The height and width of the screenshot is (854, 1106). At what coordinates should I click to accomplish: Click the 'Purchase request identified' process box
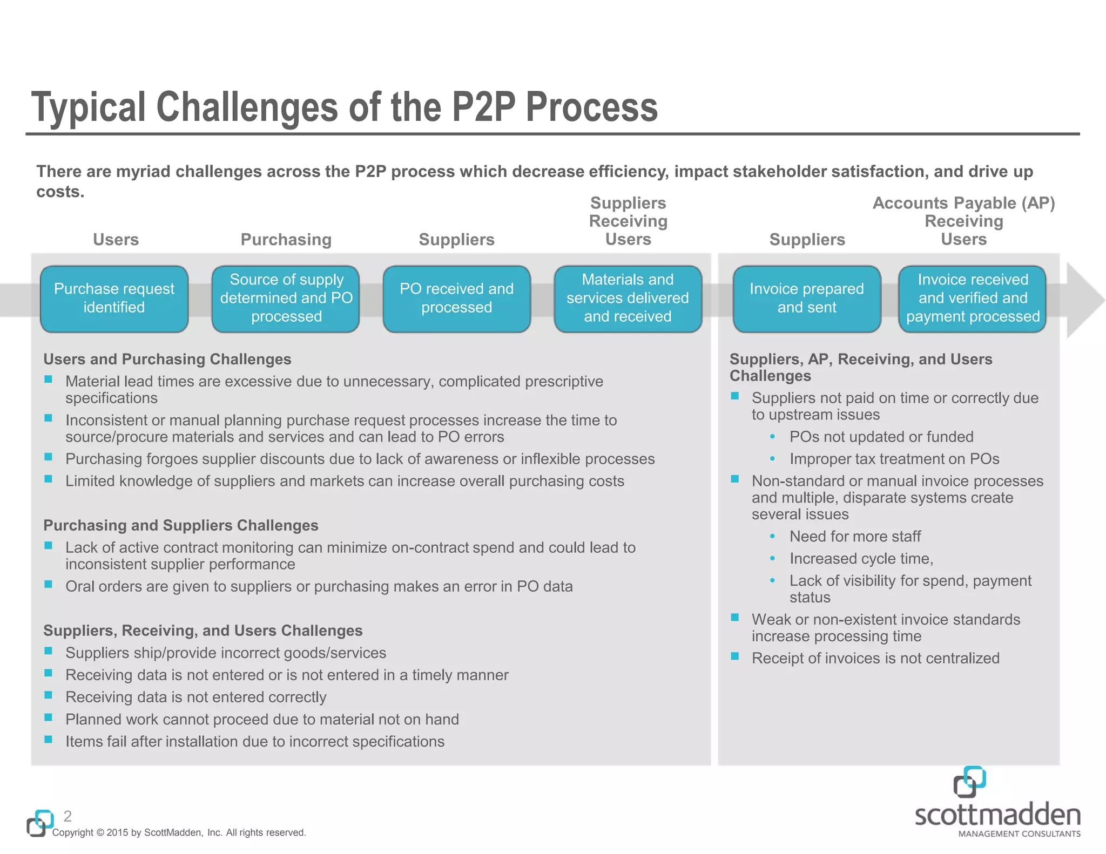tap(114, 299)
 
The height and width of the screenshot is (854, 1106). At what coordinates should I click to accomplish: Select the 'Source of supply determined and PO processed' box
tap(286, 299)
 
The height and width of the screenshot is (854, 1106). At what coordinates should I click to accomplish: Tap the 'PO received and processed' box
tap(456, 299)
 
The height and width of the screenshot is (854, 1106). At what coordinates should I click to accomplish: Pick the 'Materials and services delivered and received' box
tap(628, 299)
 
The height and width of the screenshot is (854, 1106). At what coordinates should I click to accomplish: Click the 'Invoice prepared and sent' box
tap(806, 299)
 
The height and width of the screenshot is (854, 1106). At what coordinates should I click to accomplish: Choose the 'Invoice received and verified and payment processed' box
tap(972, 299)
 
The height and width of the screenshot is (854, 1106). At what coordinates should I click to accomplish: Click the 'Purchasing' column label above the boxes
tap(286, 240)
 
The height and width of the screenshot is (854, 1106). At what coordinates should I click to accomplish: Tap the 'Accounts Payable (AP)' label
tap(963, 203)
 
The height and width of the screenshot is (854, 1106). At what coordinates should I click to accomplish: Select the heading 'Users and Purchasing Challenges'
tap(167, 360)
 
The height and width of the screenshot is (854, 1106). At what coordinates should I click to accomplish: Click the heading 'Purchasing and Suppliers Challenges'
tap(180, 526)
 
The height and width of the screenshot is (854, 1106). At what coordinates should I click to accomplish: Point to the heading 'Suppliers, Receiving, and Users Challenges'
tap(203, 631)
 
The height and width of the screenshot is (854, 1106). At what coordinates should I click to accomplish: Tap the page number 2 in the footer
tap(68, 816)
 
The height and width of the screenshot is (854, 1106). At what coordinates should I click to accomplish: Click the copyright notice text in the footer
tap(179, 833)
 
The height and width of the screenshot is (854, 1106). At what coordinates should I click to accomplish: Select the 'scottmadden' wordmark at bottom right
tap(997, 815)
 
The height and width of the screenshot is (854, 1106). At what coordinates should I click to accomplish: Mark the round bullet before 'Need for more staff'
tap(773, 537)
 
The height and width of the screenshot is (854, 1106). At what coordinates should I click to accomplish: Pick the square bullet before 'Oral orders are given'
tap(49, 585)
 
